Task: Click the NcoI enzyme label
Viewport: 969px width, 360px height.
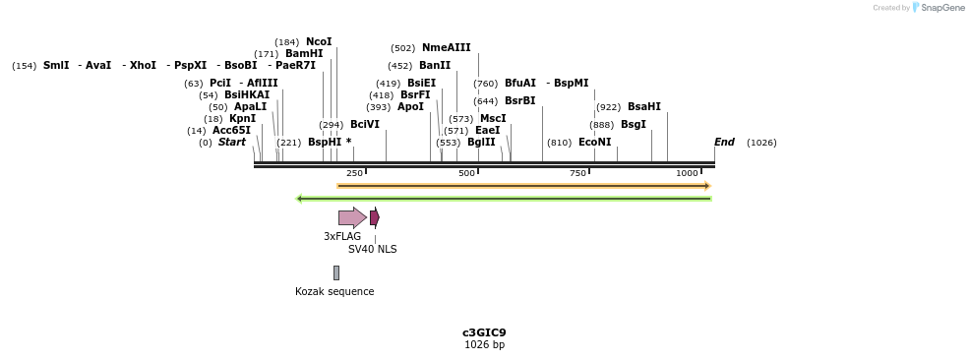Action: click(319, 42)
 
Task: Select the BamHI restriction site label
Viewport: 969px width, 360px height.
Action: click(304, 54)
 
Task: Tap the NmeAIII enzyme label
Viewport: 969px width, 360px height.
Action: click(446, 48)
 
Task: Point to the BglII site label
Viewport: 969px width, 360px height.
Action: click(481, 143)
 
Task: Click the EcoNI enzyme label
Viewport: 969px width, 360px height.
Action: click(594, 143)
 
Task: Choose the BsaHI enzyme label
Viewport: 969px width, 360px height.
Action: click(643, 107)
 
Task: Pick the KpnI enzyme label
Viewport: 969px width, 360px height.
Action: click(242, 119)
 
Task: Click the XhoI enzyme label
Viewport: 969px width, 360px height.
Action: click(143, 66)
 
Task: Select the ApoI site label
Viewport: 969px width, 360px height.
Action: click(410, 107)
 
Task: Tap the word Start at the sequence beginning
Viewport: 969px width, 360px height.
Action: click(232, 143)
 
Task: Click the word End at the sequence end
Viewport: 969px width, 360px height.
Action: click(724, 143)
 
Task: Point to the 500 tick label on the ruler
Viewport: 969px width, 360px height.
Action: click(466, 173)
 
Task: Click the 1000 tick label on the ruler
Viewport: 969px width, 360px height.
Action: click(687, 173)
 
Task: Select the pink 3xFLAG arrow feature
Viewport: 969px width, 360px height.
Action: click(351, 217)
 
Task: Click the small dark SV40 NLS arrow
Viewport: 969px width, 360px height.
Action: click(374, 217)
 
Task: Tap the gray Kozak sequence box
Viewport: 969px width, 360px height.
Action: click(335, 272)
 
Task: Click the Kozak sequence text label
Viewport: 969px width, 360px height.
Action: click(334, 292)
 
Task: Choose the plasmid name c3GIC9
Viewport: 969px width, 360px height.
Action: click(484, 332)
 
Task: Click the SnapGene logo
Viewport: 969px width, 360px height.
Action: click(936, 8)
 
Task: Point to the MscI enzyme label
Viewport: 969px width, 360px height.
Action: click(493, 119)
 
